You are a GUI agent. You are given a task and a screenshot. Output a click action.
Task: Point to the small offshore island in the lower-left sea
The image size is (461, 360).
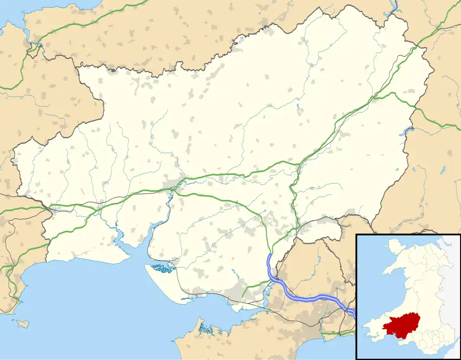pos(23,324)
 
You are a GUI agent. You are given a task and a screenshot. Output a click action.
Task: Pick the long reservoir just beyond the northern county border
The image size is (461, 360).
pos(395,7)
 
